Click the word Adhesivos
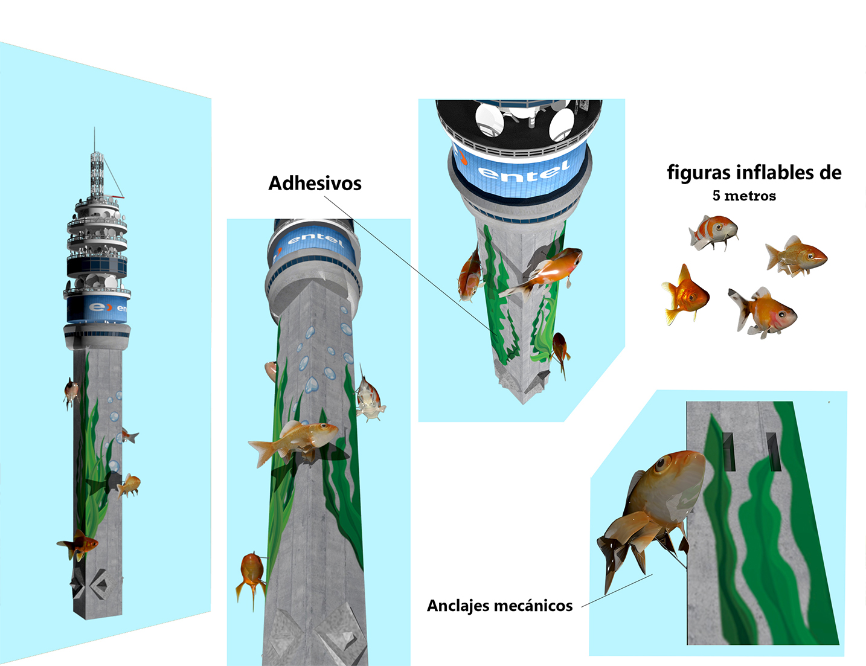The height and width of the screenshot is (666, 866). coord(315,183)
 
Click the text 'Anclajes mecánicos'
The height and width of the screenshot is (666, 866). coord(500,606)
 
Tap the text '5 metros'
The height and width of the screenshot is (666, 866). coord(744,196)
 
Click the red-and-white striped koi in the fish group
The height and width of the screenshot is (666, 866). coord(713,233)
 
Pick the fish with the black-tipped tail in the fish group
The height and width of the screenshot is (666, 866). coord(762,313)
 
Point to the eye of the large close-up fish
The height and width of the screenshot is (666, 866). coord(661,463)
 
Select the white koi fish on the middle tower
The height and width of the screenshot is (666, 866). coord(370,396)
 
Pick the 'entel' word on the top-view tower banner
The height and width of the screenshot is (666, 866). coord(524,171)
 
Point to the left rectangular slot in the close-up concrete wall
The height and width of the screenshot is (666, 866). coord(729,452)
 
